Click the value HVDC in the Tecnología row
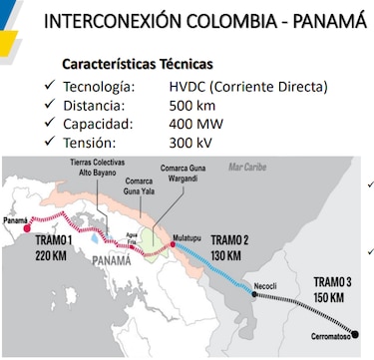point(190,86)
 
